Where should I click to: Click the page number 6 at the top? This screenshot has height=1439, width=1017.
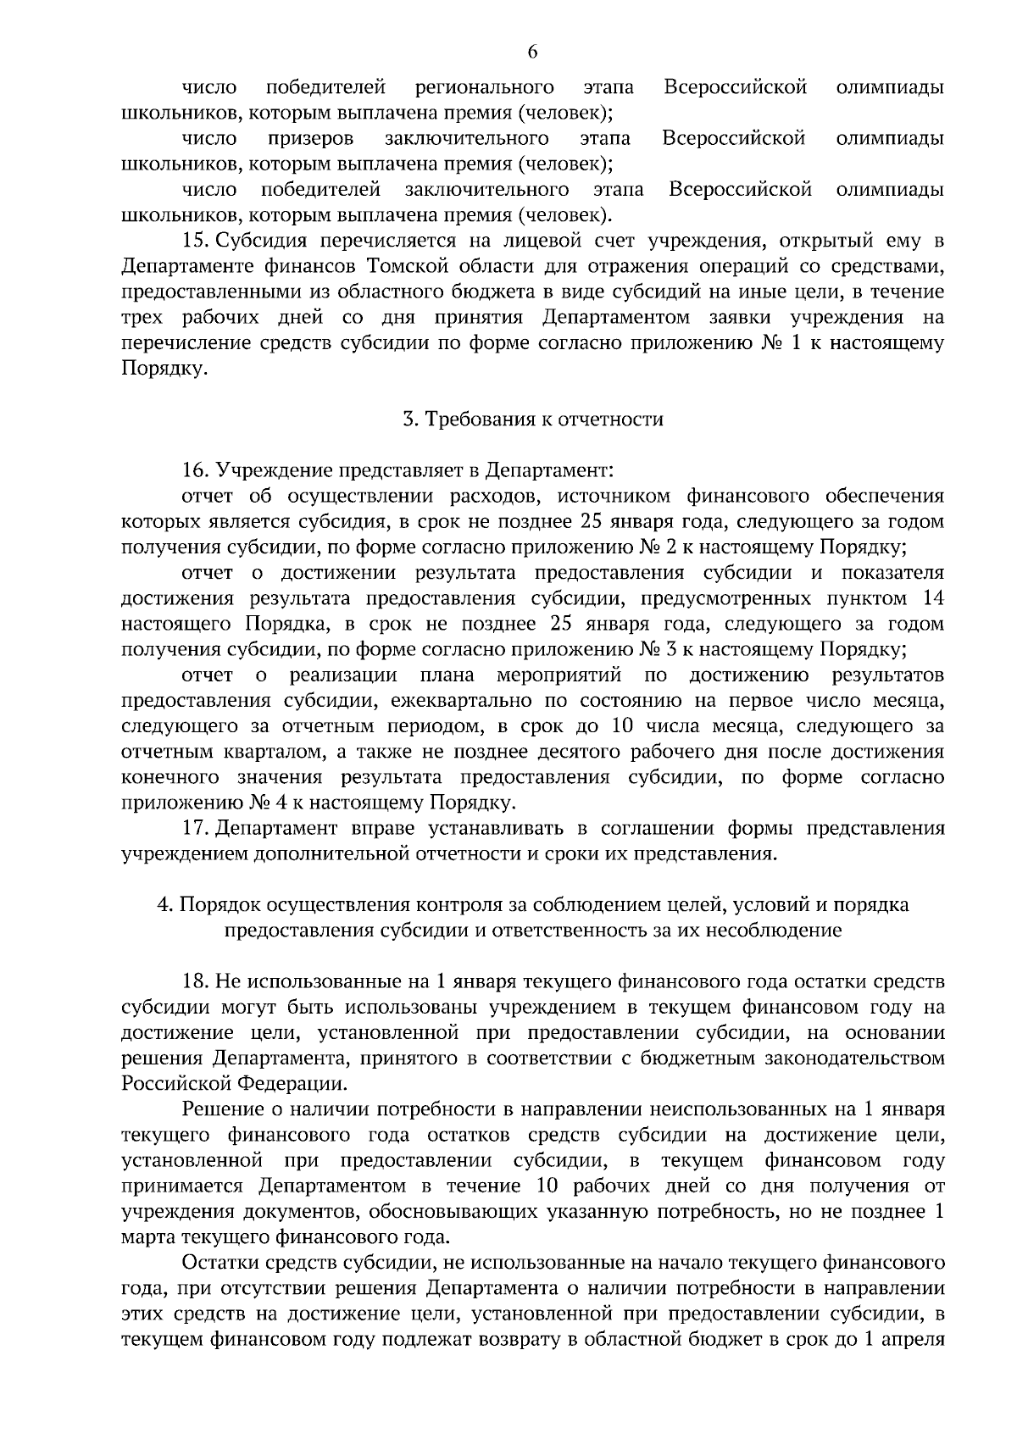[532, 52]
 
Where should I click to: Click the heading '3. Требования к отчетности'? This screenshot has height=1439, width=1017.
[532, 419]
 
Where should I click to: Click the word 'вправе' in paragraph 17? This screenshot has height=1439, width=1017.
[371, 828]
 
